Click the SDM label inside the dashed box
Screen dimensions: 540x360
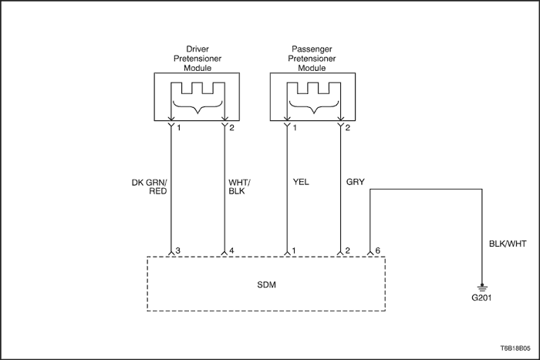pos(267,285)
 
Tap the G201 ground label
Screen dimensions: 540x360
pos(481,298)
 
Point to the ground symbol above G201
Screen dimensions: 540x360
pos(482,288)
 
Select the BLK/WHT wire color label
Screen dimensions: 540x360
pos(508,244)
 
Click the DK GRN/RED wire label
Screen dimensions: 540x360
pos(150,187)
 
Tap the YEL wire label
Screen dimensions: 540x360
pos(301,182)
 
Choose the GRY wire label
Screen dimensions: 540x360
pos(355,182)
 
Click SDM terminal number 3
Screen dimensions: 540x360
pos(177,251)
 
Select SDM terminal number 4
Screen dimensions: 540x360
pos(231,251)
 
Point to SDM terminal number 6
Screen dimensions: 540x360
pos(377,251)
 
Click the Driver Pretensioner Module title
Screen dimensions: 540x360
pos(197,59)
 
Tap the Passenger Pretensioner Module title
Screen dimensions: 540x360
pos(312,59)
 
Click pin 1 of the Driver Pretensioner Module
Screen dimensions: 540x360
pos(179,128)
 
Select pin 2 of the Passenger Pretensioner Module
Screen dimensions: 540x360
pos(347,128)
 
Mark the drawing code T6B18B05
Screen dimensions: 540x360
pos(515,348)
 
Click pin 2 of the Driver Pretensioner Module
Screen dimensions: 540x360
pos(231,128)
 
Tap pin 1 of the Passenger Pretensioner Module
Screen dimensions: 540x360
pos(295,128)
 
